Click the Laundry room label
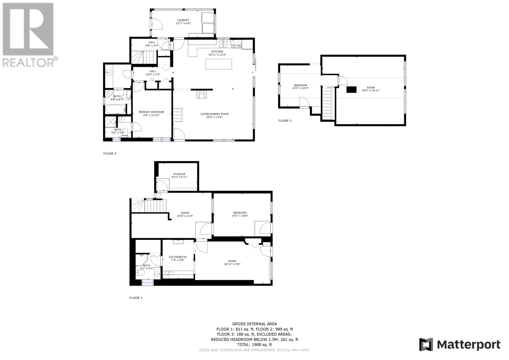[183, 20]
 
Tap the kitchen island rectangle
[219, 64]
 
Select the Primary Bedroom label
[151, 112]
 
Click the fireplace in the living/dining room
[202, 94]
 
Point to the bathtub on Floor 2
[116, 109]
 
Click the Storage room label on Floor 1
[179, 174]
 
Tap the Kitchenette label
[178, 257]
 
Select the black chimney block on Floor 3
[351, 89]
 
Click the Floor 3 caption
[285, 121]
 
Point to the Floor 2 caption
[110, 153]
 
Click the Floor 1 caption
[136, 298]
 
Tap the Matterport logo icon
[426, 344]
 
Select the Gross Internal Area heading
[254, 324]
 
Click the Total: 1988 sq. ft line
[254, 345]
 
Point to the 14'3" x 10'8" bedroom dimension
[240, 216]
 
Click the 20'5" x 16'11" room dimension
[371, 90]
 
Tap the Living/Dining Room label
[214, 114]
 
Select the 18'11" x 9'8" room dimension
[232, 264]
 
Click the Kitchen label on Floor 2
[217, 52]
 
